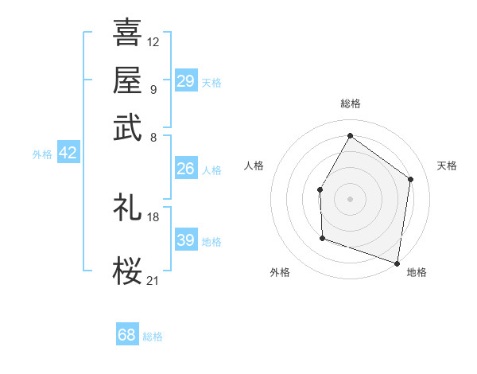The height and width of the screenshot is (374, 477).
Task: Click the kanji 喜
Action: pos(127,32)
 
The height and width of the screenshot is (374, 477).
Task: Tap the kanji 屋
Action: pos(127,80)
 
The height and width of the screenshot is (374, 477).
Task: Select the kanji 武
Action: pos(127,127)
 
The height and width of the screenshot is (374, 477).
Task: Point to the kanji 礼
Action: pos(127,207)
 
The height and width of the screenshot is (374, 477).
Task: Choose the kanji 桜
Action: pos(127,271)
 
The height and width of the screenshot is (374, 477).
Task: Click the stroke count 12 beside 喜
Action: pos(153,42)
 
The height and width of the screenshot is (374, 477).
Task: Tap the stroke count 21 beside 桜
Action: pos(153,280)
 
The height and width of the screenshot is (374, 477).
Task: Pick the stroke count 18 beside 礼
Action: pos(153,217)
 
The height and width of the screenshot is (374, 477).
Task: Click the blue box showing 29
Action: pos(186,80)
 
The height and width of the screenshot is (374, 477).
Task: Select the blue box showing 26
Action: pos(186,168)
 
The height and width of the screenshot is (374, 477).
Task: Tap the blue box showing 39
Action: pos(186,239)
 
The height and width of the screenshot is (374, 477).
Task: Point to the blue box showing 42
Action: pos(68,152)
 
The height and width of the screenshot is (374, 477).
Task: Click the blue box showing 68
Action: pos(127,333)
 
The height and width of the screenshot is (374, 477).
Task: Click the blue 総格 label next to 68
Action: pos(153,337)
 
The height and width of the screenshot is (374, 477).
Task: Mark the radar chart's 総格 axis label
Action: pos(351,103)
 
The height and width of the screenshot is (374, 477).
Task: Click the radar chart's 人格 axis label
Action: pos(254,166)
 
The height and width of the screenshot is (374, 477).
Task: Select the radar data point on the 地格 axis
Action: pos(397,263)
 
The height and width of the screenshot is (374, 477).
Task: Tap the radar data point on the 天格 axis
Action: pos(410,179)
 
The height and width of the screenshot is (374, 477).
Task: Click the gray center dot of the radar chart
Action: pos(350,199)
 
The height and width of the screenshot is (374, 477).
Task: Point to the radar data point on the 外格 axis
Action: pos(323,238)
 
